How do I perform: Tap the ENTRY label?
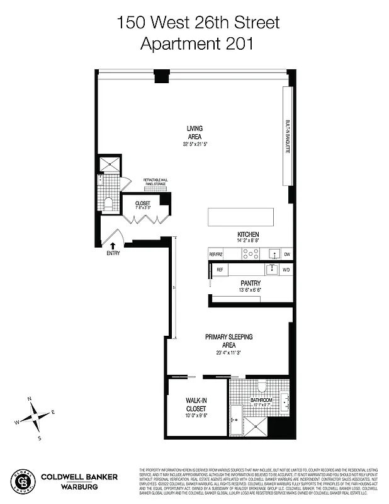pyautogui.click(x=113, y=253)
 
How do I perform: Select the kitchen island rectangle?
pyautogui.click(x=242, y=217)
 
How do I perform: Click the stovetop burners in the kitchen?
pyautogui.click(x=251, y=254)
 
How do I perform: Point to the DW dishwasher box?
pyautogui.click(x=286, y=254)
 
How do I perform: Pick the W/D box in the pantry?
pyautogui.click(x=286, y=270)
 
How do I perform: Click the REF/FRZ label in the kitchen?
pyautogui.click(x=216, y=254)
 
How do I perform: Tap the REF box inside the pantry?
pyautogui.click(x=220, y=270)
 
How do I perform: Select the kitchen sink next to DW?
pyautogui.click(x=274, y=254)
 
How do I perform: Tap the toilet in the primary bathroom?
pyautogui.click(x=263, y=386)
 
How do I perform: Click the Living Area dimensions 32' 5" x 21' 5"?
pyautogui.click(x=194, y=144)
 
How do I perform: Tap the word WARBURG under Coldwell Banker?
pyautogui.click(x=77, y=486)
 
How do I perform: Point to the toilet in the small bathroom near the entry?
pyautogui.click(x=108, y=203)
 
